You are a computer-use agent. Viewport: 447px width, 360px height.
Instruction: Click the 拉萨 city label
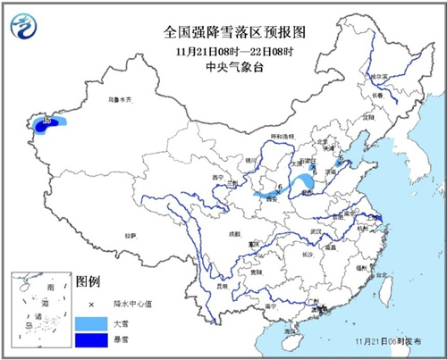tap(131, 236)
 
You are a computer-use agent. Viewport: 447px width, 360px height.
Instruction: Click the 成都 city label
tap(234, 234)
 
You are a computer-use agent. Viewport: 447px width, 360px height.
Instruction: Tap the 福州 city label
tap(360, 267)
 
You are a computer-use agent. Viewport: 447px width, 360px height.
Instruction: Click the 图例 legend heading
tap(88, 280)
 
